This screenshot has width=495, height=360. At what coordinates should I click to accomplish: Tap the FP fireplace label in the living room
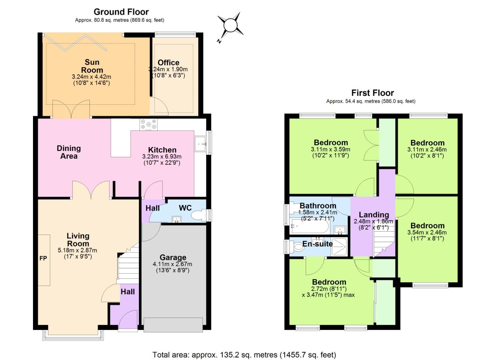(43, 258)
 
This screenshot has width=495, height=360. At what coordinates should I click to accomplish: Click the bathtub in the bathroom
(309, 227)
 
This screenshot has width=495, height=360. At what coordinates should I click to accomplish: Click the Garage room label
(173, 257)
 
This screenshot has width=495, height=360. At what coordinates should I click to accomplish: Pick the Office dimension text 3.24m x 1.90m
(168, 69)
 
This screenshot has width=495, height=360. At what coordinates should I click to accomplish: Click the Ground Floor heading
(121, 12)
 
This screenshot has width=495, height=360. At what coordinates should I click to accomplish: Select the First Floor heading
(372, 93)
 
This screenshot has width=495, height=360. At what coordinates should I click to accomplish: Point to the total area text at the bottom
(244, 355)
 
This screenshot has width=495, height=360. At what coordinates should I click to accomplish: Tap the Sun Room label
(92, 66)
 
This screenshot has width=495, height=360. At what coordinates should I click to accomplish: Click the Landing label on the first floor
(374, 215)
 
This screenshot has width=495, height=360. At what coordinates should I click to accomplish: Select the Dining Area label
(69, 152)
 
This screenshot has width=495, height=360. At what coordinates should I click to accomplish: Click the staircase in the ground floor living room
(128, 265)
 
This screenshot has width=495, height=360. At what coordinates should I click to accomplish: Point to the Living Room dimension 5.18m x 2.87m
(78, 250)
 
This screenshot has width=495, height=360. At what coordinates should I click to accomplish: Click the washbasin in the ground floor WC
(176, 219)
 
